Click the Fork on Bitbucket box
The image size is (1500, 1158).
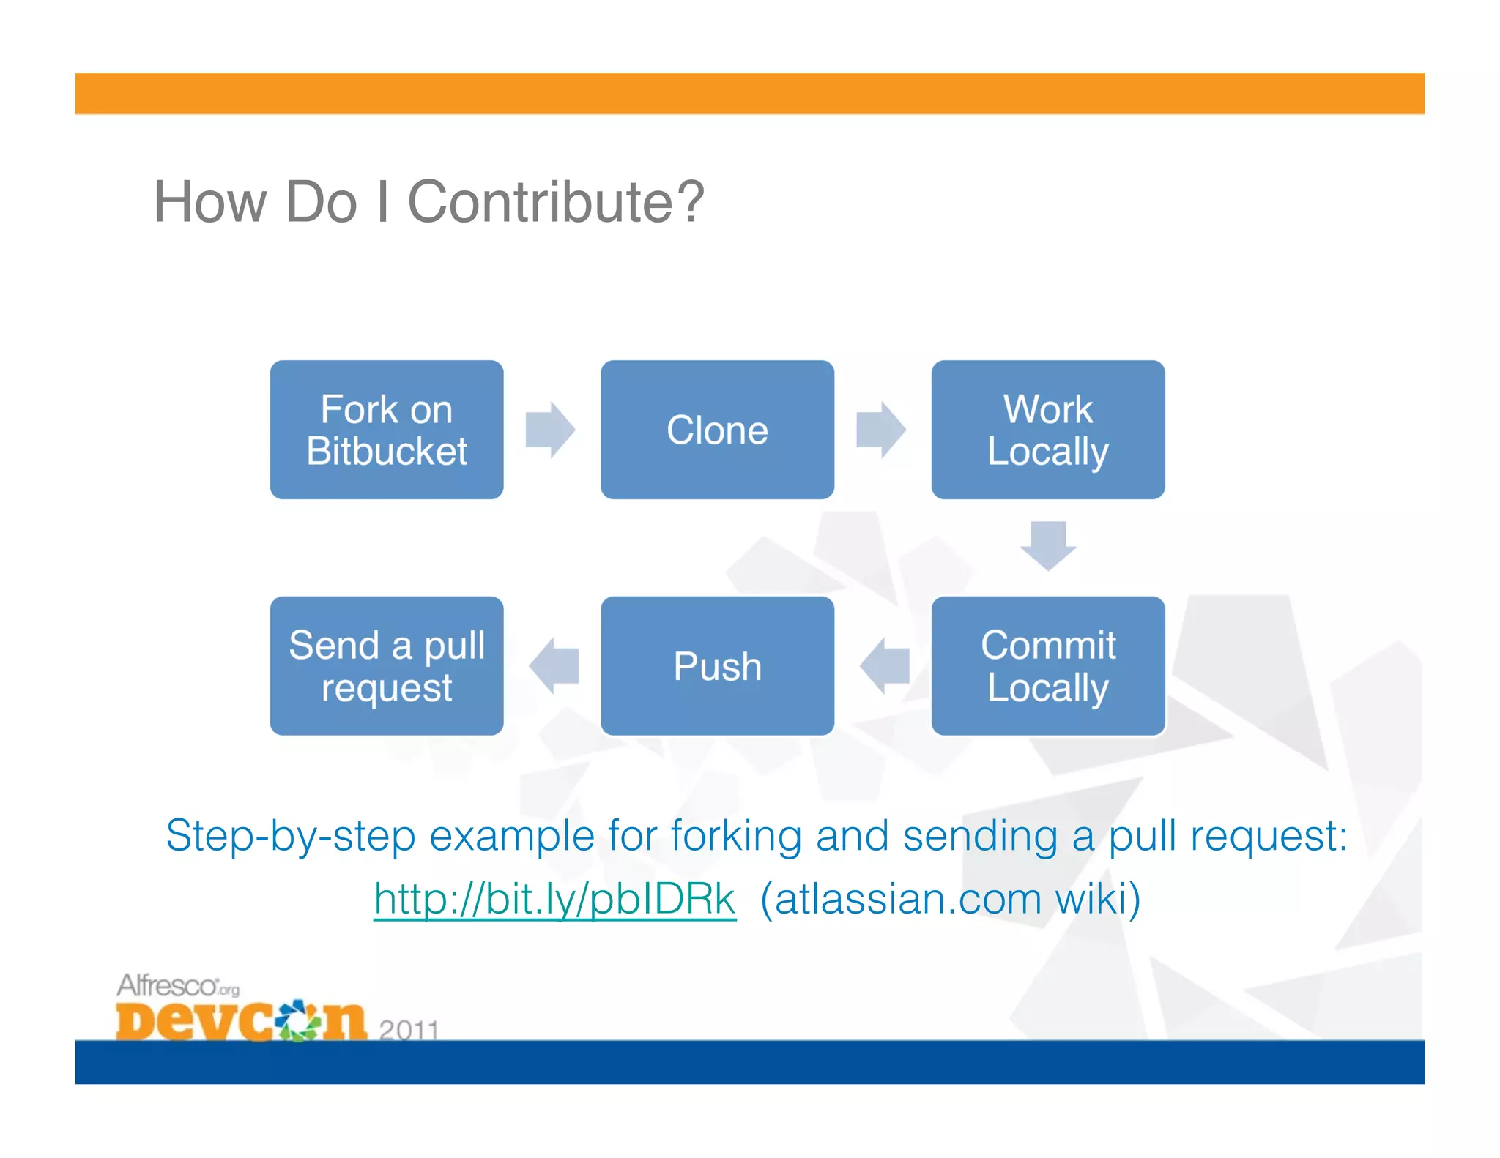[x=386, y=430]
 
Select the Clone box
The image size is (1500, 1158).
[x=717, y=430]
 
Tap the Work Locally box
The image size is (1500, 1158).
[x=1047, y=430]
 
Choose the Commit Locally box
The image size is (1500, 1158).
[x=1047, y=665]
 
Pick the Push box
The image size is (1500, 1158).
[x=717, y=665]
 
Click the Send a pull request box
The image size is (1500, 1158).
[x=386, y=665]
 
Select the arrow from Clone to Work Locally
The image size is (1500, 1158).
[x=881, y=430]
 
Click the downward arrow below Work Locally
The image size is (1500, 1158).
[x=1048, y=545]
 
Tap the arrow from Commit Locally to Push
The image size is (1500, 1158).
[x=884, y=665]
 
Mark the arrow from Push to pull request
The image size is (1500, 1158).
[x=554, y=665]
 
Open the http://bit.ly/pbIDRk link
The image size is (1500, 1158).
[x=554, y=899]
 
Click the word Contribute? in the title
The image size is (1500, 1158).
[x=555, y=202]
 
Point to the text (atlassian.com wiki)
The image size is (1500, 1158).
[x=950, y=899]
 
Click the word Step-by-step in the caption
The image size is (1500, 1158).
[x=290, y=836]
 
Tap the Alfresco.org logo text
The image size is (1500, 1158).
[x=177, y=986]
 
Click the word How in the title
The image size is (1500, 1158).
[x=209, y=202]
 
